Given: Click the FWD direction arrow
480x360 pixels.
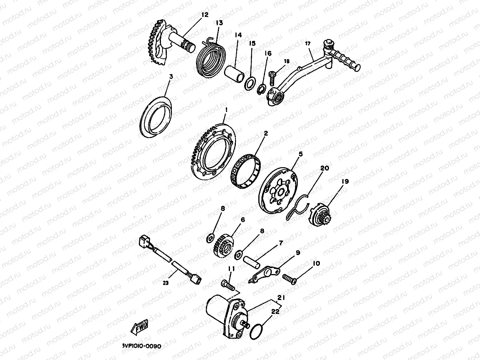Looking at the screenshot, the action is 139,327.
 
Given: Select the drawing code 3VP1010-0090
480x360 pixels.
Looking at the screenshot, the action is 142,346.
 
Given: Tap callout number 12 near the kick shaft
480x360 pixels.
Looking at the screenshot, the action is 205,15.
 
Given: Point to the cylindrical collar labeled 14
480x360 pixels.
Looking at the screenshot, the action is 234,74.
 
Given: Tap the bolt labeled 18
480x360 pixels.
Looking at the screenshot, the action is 273,78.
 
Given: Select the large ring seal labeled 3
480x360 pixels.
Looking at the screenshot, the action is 156,117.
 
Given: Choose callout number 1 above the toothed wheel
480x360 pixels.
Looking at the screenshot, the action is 226,110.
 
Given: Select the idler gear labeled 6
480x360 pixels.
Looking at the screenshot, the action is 224,246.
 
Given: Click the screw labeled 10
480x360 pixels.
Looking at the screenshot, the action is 289,279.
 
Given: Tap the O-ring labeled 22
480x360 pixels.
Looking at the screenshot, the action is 256,331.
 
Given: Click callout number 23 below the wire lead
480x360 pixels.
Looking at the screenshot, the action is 166,283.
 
